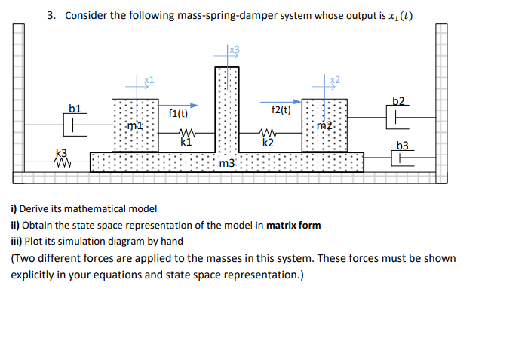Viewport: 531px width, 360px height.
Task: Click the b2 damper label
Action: click(x=400, y=101)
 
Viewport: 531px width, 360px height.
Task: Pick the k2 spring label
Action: click(x=267, y=140)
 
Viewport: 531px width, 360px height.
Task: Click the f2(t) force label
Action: click(x=281, y=110)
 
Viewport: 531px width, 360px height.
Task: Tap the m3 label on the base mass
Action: click(x=227, y=163)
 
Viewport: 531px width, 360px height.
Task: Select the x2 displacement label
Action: click(x=336, y=79)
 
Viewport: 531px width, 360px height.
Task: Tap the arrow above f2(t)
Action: click(x=282, y=100)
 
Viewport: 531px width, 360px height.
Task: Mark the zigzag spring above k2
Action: click(x=267, y=132)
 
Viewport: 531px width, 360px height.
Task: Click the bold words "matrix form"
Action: click(x=293, y=225)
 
